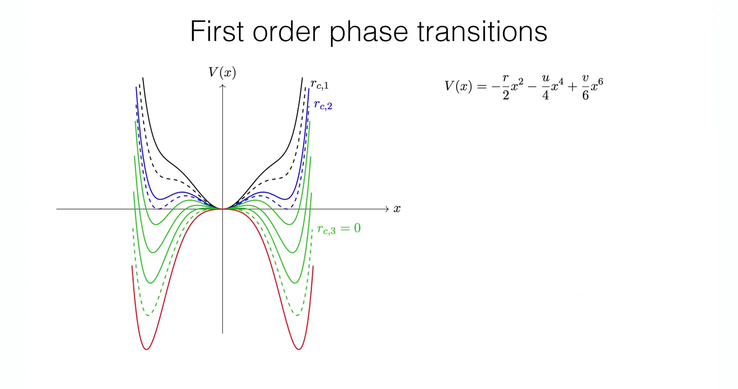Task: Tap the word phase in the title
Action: pos(369,33)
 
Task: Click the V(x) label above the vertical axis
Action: pos(222,72)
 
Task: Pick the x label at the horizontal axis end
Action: pos(397,209)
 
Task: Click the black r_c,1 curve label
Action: pos(320,84)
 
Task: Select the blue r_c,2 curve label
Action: pos(323,105)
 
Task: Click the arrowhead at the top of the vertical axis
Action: pos(223,86)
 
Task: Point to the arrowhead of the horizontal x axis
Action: pos(387,209)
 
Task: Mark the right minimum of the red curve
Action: pos(299,349)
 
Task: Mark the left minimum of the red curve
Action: pos(146,349)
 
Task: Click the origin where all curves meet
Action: pos(223,209)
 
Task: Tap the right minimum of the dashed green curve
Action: pos(297,315)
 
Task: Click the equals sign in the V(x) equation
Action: pos(482,87)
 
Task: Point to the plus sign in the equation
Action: pos(572,87)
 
